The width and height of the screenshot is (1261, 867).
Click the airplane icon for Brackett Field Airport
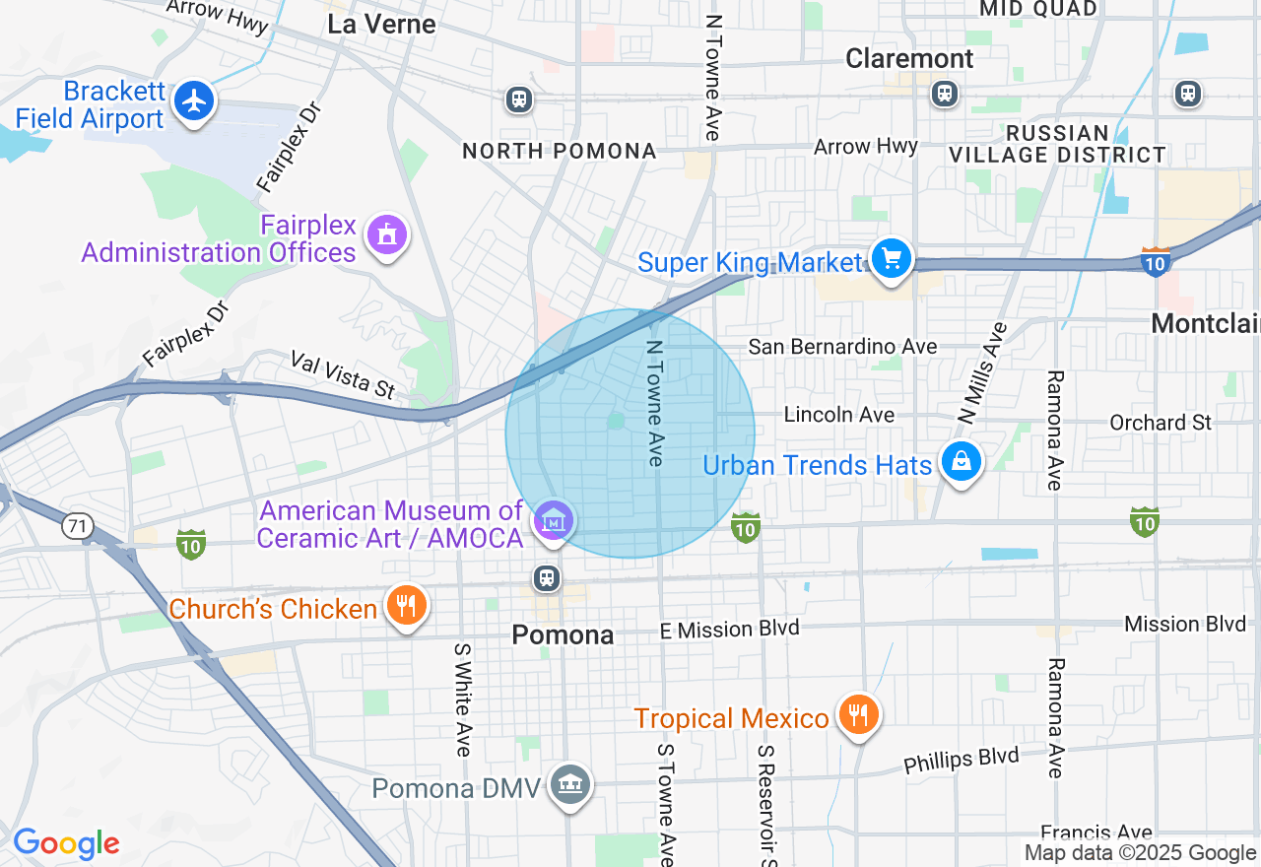pos(195,100)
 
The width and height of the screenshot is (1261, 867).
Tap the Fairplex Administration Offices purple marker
pos(386,235)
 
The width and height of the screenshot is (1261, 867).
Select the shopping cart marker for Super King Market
pos(892,259)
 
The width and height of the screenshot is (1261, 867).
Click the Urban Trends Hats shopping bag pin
pos(962,461)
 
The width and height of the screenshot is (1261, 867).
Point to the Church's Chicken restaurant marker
pos(405,604)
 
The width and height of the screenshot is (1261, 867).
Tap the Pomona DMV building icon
pos(570,784)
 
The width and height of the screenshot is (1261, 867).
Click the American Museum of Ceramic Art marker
pos(553,521)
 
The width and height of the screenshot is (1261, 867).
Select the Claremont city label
pos(909,59)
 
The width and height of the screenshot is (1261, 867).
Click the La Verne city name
pos(381,25)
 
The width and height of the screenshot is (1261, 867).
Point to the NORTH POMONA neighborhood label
pos(559,151)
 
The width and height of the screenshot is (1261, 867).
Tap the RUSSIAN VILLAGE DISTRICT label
pos(1057,144)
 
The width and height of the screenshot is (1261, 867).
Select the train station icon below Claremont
pos(944,94)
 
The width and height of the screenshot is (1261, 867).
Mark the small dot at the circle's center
pos(616,421)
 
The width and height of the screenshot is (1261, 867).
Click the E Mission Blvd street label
pos(729,629)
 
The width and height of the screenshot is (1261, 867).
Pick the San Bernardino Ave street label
pos(842,346)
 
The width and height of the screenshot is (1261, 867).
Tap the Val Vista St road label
pos(343,375)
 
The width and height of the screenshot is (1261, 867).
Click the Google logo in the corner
pos(66,844)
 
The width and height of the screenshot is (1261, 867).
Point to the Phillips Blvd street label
pos(961,761)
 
